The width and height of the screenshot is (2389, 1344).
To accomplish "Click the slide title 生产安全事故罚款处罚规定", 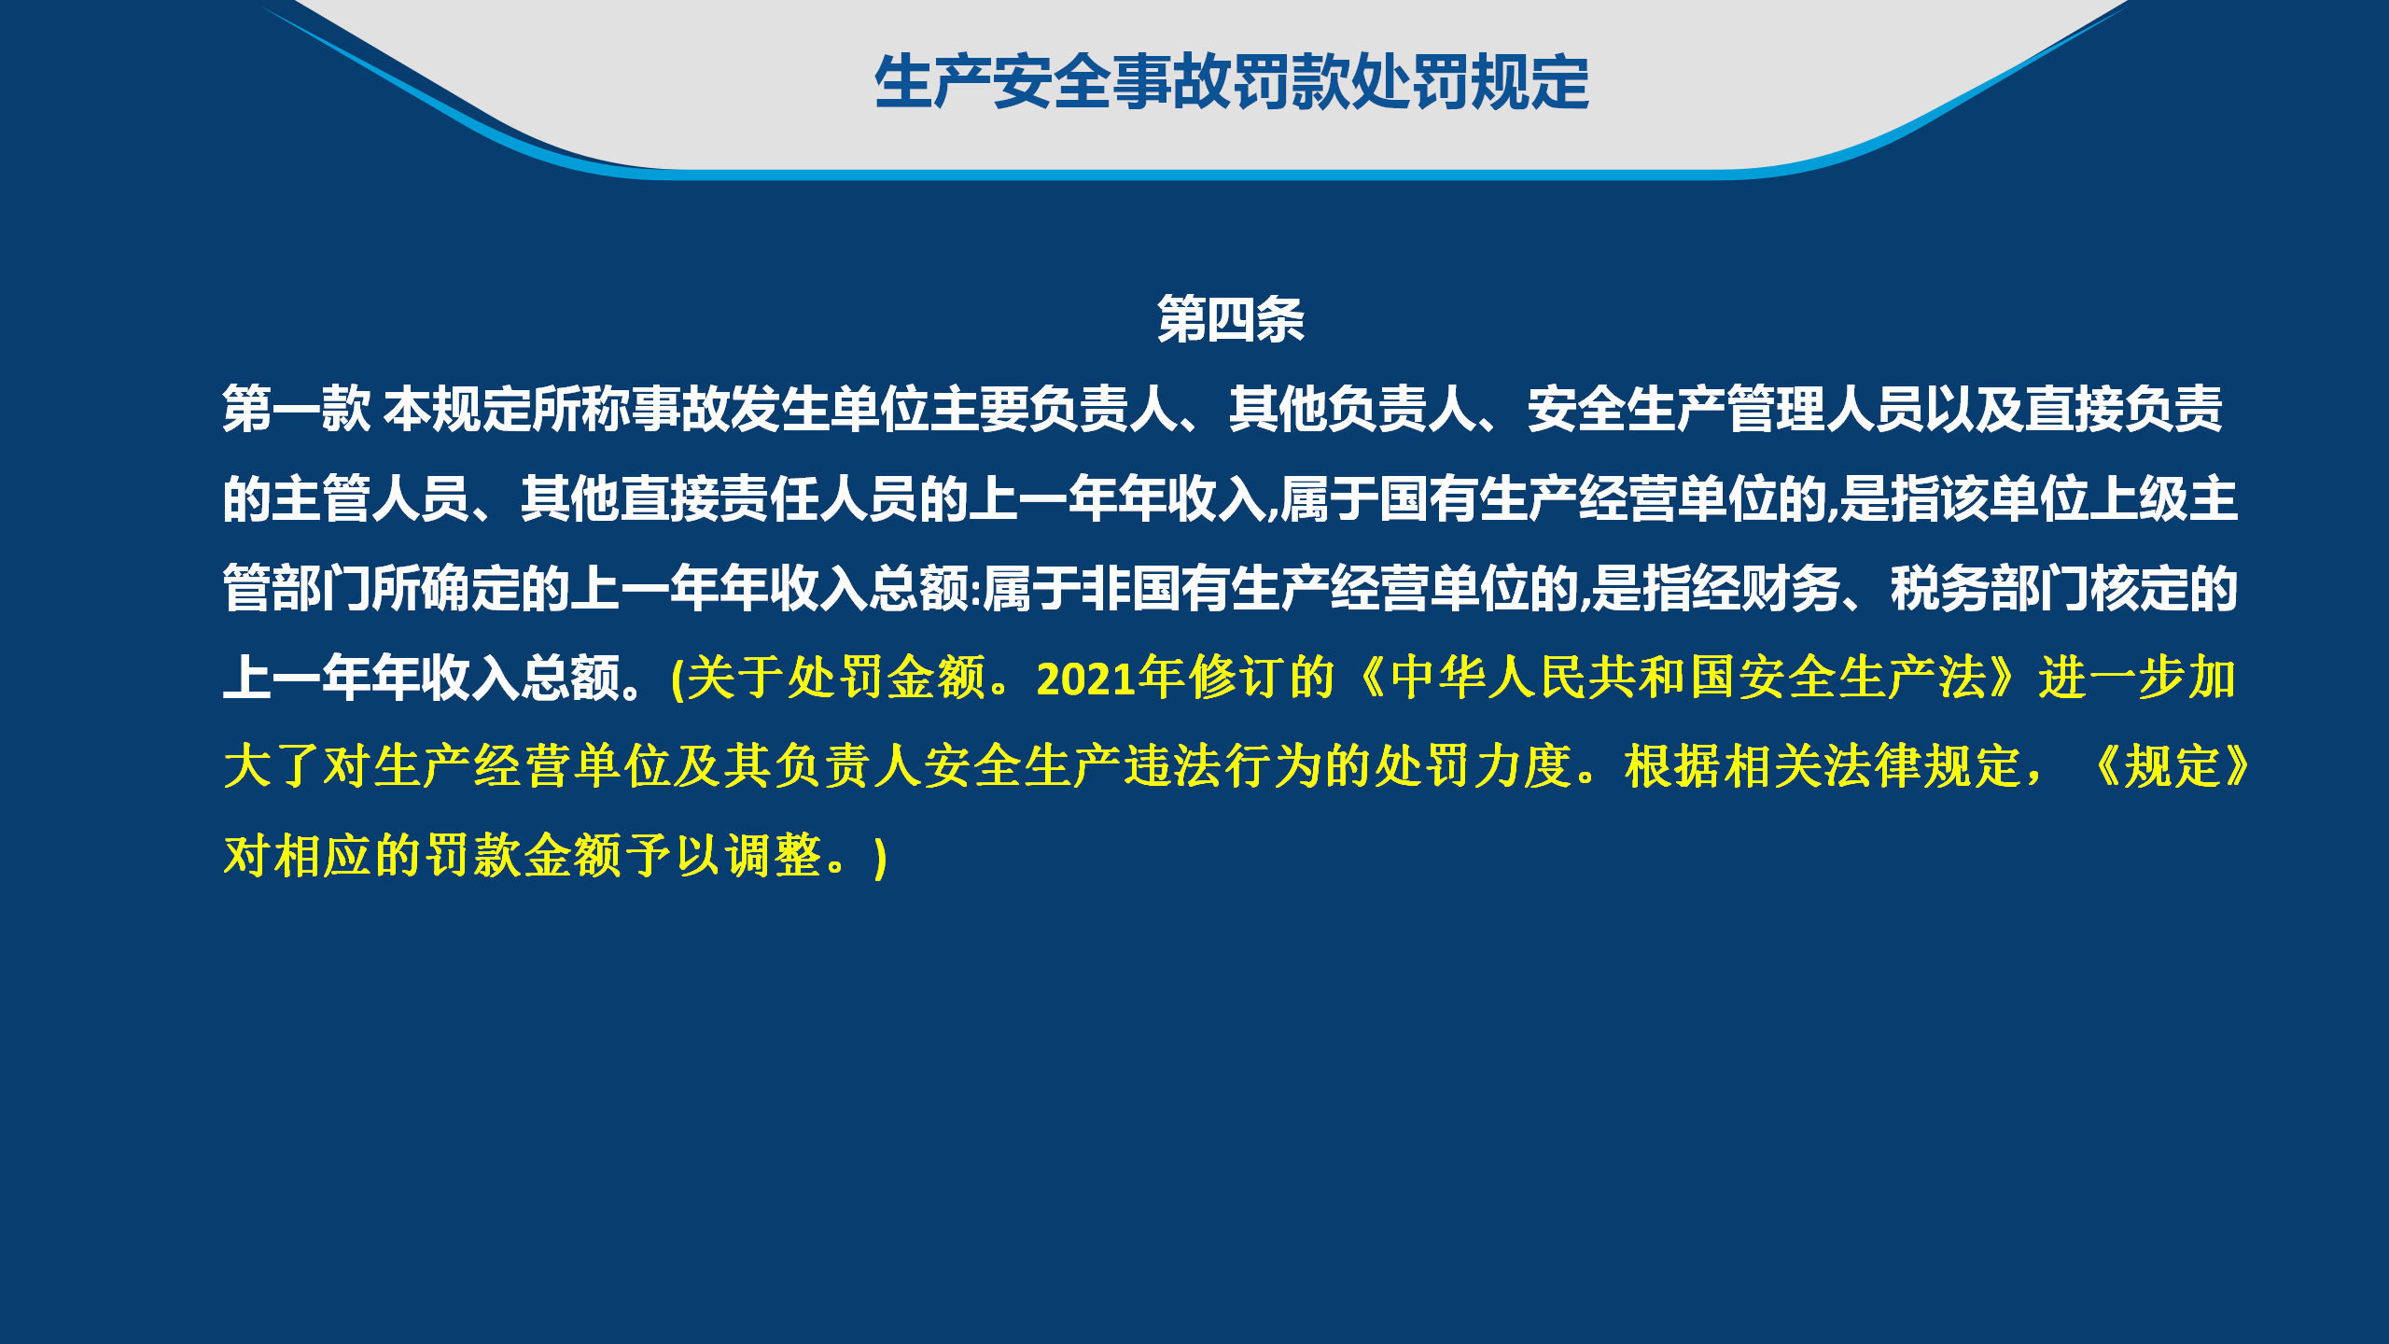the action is [x=1232, y=82].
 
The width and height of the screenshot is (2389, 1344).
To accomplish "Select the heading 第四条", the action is [x=1231, y=319].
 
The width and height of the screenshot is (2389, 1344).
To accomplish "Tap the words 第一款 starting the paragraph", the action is [x=297, y=409].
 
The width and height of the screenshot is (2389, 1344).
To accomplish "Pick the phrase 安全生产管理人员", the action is [x=1725, y=409].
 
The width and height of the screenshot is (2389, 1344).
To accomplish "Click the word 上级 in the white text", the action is [x=2138, y=498].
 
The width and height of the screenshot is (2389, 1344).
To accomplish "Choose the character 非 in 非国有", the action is [x=1106, y=588].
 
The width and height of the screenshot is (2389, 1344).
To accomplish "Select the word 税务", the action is [x=1940, y=588].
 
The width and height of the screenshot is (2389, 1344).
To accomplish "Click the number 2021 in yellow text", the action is [x=1086, y=679].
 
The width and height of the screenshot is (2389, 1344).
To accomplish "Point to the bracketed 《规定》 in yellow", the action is [x=2172, y=767].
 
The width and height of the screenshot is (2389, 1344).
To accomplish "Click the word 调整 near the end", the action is [x=774, y=856].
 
